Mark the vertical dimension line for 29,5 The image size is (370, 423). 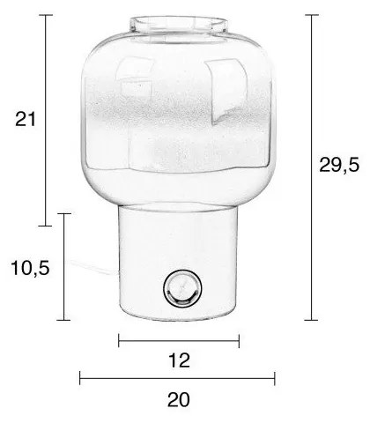pos(314,167)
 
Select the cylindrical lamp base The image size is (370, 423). pos(180,264)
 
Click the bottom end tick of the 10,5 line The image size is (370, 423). pos(63,319)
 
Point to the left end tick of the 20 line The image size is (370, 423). pos(80,379)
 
